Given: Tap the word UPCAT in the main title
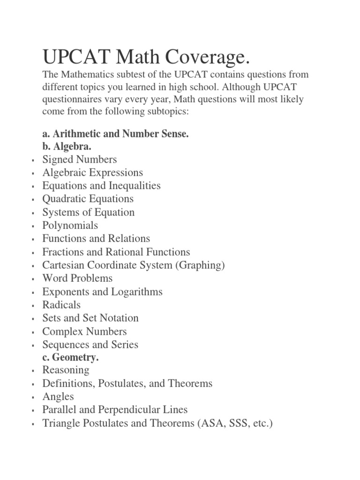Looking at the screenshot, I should tap(75, 58).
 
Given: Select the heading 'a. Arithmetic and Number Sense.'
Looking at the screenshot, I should tap(115, 134).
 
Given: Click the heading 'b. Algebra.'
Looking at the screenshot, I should tap(67, 147).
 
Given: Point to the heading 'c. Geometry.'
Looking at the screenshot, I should tap(70, 358).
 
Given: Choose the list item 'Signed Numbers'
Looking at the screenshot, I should tap(80, 159).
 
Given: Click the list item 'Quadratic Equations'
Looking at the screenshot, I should tap(88, 199).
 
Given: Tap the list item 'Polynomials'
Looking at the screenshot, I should tap(70, 225).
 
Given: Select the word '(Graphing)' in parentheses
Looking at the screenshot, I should tap(200, 265).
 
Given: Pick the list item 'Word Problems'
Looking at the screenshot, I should tap(77, 278).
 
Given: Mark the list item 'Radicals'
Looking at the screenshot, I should tap(61, 305).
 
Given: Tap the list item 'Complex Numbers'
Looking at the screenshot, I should tap(84, 331).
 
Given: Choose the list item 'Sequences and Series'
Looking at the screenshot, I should tap(90, 345).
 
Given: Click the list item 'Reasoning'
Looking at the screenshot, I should tap(66, 370).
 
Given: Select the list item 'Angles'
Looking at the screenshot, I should tap(58, 397).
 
